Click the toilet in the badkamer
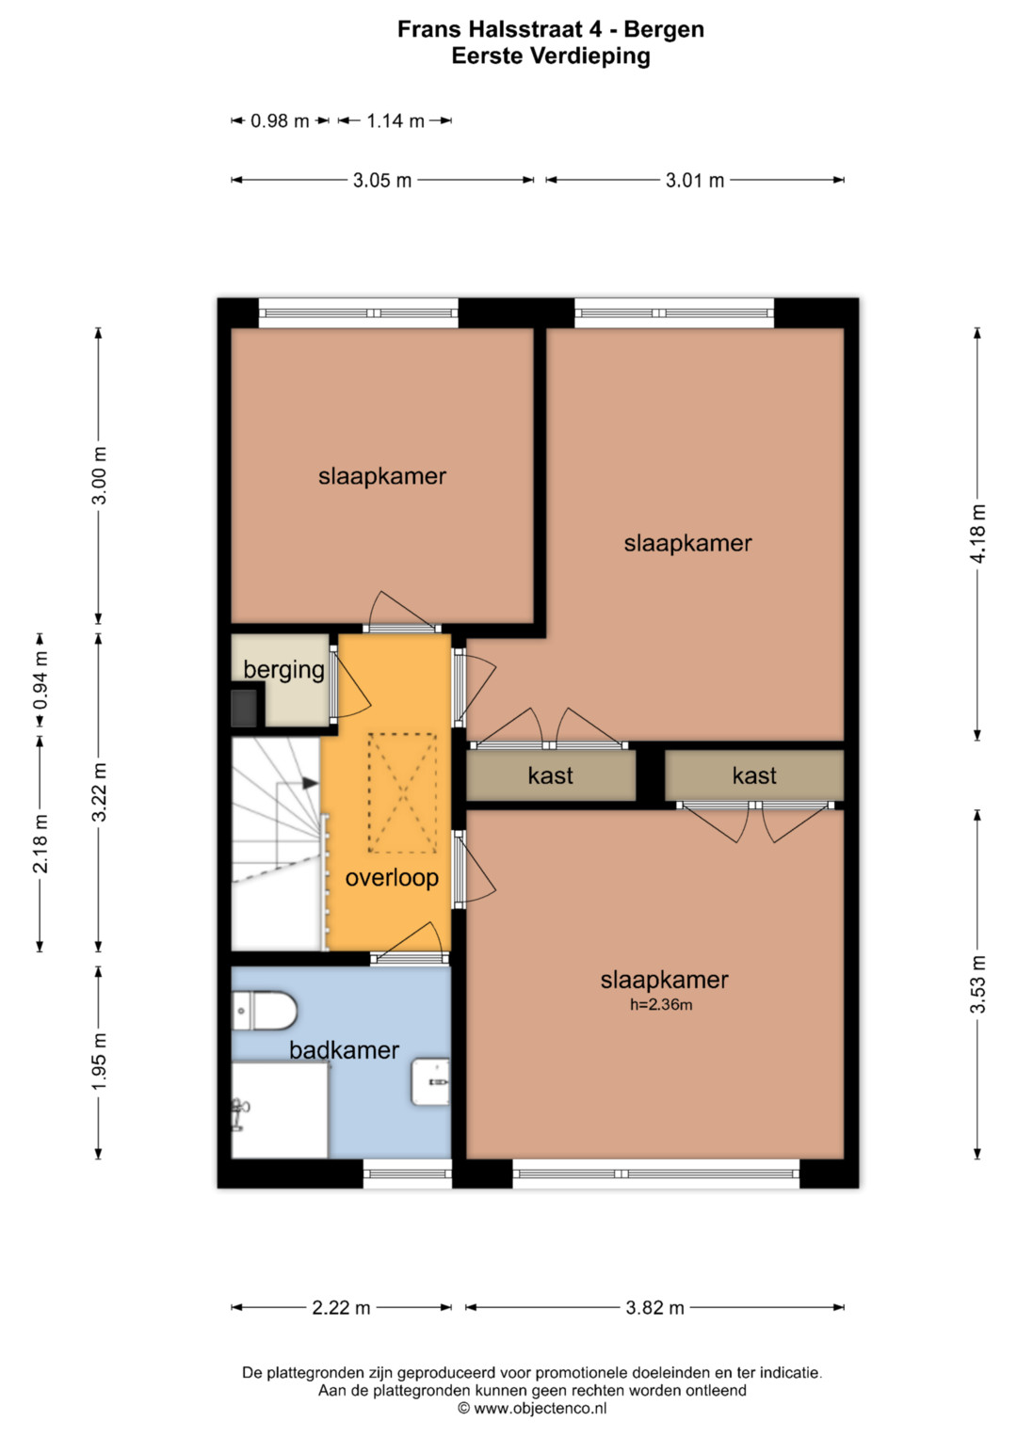(264, 1011)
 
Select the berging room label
(283, 670)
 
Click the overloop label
(392, 878)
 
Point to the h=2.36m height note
(661, 1005)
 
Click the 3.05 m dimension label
(382, 181)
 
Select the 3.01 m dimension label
(695, 181)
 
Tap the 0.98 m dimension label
(280, 120)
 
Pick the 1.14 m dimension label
(395, 120)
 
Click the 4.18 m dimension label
(977, 534)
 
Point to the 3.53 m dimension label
(977, 984)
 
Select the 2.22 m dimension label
(341, 1307)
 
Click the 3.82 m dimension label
(654, 1307)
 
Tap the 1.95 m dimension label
(99, 1062)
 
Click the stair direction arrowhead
(311, 783)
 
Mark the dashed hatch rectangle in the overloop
(403, 793)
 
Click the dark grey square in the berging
(244, 708)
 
